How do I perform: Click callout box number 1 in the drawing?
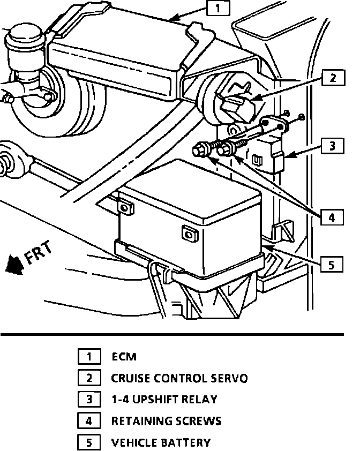click(217, 9)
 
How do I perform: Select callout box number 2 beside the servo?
click(333, 78)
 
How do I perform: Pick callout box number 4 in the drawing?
click(333, 217)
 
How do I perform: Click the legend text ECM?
click(124, 356)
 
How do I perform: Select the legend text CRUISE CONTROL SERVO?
click(179, 378)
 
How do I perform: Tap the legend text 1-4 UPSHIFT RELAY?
click(164, 400)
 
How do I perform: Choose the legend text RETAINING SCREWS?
click(166, 421)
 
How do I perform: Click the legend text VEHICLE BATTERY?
click(161, 442)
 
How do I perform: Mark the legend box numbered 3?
click(89, 400)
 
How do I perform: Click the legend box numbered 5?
click(89, 442)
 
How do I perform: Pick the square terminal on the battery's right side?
click(188, 234)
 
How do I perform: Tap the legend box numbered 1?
click(89, 356)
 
